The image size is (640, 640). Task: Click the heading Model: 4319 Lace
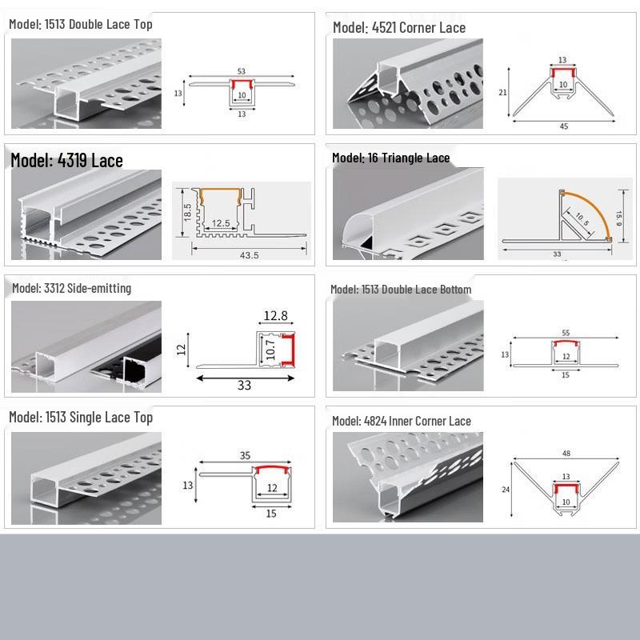[66, 160]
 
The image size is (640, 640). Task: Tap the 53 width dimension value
[242, 71]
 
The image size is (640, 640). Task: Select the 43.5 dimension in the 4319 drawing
[249, 255]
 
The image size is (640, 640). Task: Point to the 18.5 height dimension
[187, 212]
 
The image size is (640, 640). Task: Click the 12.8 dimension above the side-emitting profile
[275, 315]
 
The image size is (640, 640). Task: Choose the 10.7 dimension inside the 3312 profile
[270, 350]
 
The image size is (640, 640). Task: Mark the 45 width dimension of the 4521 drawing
[564, 126]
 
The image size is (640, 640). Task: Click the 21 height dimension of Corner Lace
[502, 93]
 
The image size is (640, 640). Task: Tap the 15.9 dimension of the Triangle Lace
[618, 218]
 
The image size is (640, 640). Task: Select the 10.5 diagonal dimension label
[582, 219]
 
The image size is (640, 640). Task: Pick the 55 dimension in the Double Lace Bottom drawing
[566, 333]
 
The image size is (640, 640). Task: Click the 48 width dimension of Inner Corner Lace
[566, 453]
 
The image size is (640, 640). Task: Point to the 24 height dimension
[506, 490]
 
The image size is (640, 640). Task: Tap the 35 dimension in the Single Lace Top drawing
[245, 455]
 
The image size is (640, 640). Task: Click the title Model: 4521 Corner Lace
[399, 27]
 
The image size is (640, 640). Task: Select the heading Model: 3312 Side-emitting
[71, 288]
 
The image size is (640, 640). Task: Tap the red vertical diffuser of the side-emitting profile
[289, 350]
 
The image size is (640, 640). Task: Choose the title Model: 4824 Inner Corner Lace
[402, 421]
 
